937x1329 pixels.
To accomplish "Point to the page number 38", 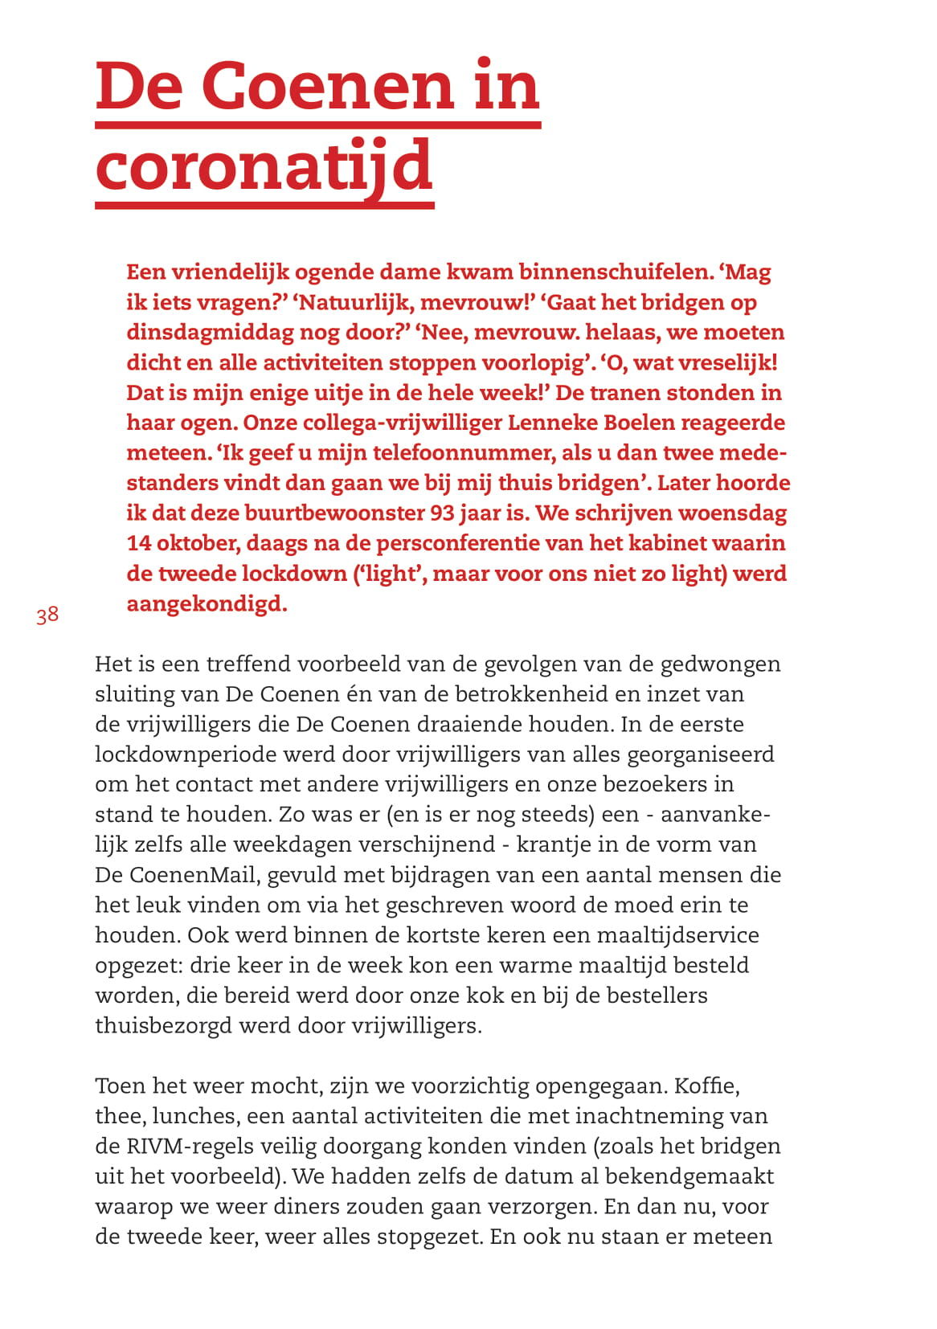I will pos(47,615).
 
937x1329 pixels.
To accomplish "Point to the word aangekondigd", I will pos(206,603).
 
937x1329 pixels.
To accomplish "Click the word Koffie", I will pos(706,1086).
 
